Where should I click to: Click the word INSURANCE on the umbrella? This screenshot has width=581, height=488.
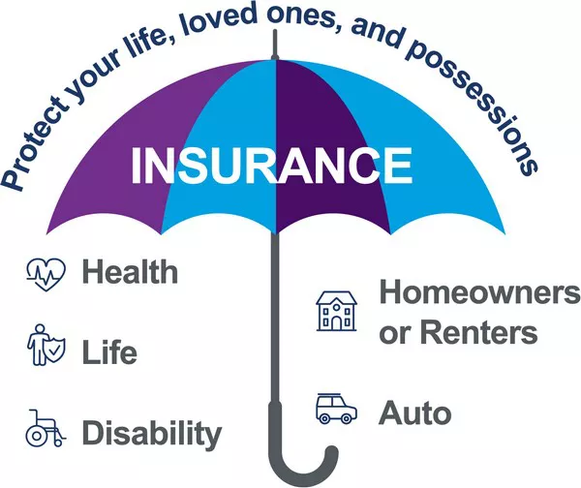[271, 166]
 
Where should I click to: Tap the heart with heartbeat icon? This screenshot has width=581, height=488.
[46, 274]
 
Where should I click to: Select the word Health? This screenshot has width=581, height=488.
[130, 272]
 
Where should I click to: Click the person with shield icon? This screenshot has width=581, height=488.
[46, 345]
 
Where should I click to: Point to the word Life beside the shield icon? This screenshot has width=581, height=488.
[109, 351]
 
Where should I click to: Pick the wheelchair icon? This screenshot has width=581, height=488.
[46, 428]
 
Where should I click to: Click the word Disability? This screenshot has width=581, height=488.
[152, 435]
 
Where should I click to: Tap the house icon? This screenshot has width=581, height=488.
[336, 311]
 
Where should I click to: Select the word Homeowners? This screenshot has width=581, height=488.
[480, 292]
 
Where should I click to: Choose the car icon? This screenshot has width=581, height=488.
[336, 408]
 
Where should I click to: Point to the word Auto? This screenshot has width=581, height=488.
[415, 412]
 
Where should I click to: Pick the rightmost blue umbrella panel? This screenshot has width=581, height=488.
[438, 156]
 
